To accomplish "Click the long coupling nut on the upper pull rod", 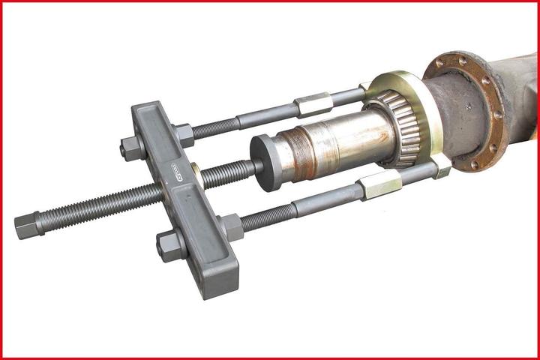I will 313,104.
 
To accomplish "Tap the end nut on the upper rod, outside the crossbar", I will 132,148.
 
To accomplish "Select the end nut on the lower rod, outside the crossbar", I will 170,245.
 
